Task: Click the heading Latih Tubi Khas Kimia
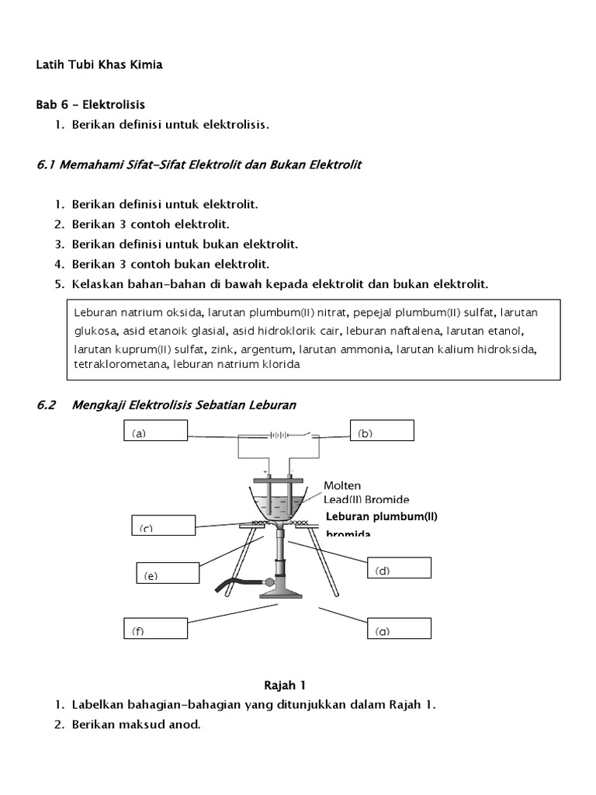click(x=99, y=65)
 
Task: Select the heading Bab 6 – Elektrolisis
click(x=91, y=104)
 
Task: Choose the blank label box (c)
click(x=161, y=526)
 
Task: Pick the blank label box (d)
click(x=398, y=568)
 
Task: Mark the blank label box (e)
click(x=166, y=574)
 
